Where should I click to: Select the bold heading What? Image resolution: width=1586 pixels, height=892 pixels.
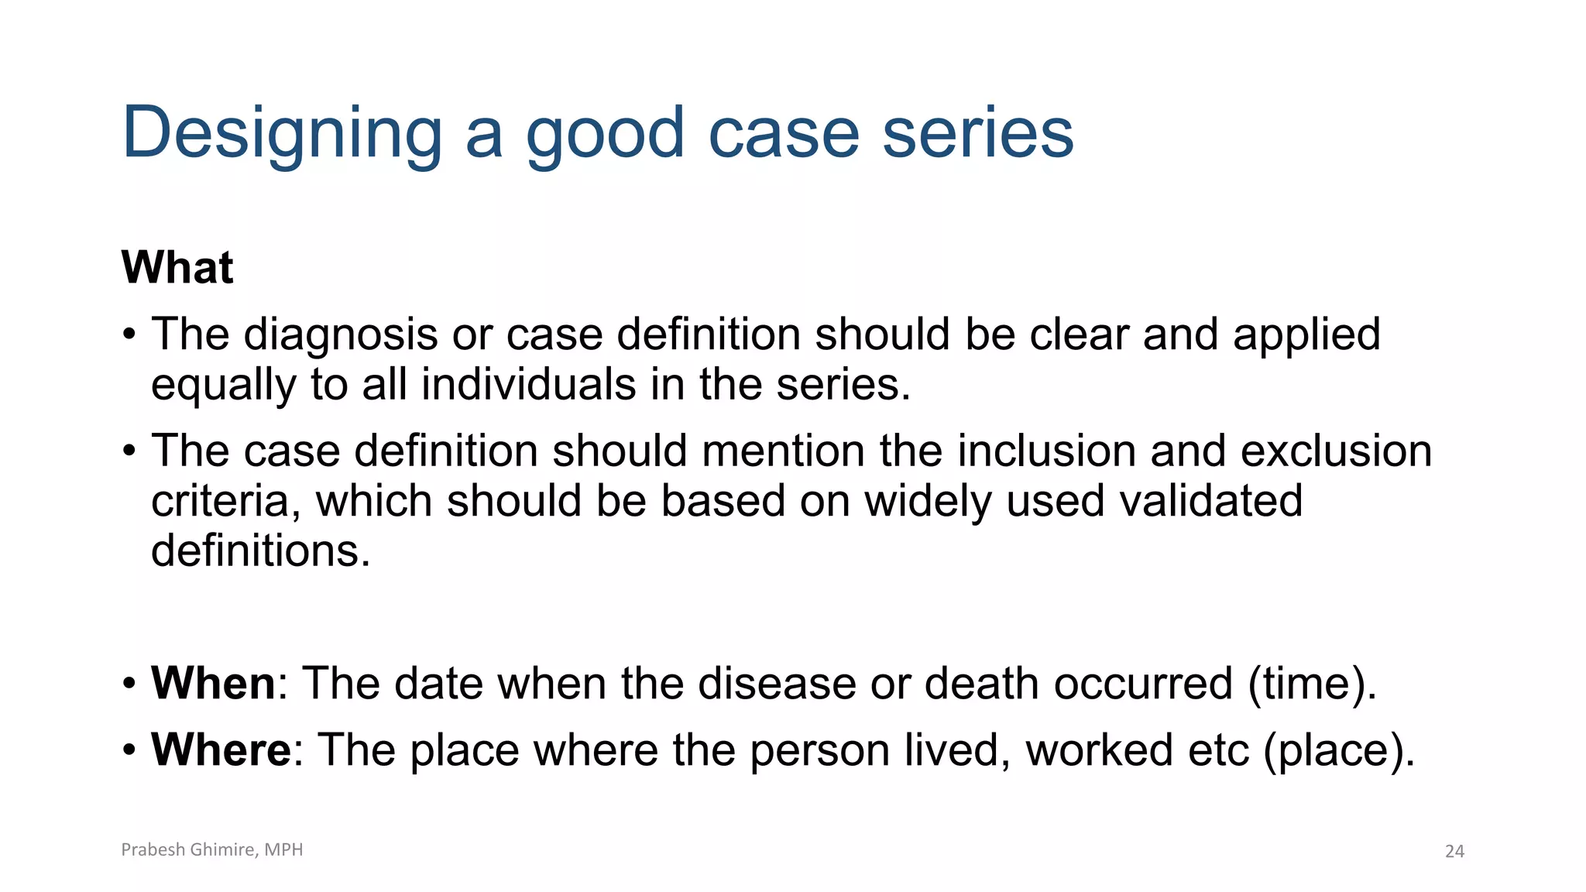tap(177, 268)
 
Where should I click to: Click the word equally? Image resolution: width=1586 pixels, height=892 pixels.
tap(223, 385)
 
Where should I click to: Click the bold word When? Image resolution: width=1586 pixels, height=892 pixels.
tap(213, 683)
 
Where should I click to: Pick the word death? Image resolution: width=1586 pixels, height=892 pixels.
tap(981, 683)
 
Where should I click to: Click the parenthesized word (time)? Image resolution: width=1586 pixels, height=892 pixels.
tap(1312, 683)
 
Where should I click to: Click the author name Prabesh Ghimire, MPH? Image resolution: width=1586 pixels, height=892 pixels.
tap(212, 849)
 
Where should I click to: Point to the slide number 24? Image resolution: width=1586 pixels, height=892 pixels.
tap(1454, 852)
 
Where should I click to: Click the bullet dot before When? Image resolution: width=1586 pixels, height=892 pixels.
tap(129, 684)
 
